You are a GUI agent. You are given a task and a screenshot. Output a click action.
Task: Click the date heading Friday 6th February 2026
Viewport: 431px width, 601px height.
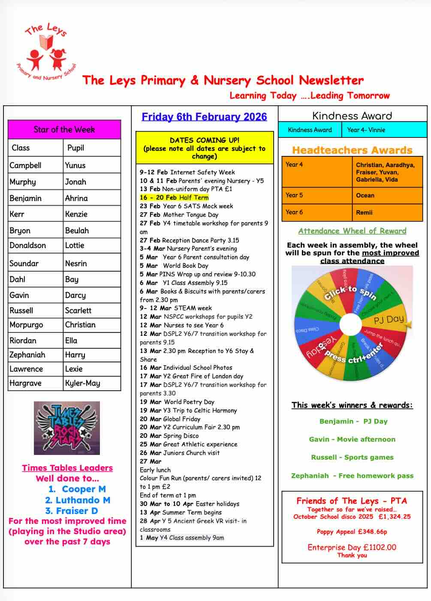pos(204,117)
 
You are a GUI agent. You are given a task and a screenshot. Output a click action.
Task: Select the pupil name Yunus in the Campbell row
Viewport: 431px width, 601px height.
pos(75,165)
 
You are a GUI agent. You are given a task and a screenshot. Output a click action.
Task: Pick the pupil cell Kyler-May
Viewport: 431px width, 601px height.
pos(82,383)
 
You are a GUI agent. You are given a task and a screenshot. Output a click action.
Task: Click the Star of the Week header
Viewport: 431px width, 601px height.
pos(64,129)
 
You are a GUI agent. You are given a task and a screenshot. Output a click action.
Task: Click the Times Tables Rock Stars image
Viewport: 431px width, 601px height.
pos(67,428)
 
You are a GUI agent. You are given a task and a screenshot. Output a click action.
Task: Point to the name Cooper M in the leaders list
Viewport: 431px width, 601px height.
pos(84,489)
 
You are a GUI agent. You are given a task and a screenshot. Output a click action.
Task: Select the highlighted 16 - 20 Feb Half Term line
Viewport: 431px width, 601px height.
pos(174,197)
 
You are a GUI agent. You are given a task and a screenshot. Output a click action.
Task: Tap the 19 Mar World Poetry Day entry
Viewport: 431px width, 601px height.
pos(177,402)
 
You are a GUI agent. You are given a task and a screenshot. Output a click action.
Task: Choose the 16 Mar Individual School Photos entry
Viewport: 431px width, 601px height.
pos(186,368)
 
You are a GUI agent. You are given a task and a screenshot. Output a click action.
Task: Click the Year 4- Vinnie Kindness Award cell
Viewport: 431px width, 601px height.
pos(366,130)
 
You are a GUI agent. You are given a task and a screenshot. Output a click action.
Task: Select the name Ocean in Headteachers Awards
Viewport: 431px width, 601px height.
pos(365,195)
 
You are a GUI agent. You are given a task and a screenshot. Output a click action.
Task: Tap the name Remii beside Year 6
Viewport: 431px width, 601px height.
pos(364,212)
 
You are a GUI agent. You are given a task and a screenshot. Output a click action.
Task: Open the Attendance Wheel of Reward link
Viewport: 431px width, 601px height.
pos(352,231)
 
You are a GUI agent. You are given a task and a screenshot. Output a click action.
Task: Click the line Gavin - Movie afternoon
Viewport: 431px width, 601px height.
pos(352,439)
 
